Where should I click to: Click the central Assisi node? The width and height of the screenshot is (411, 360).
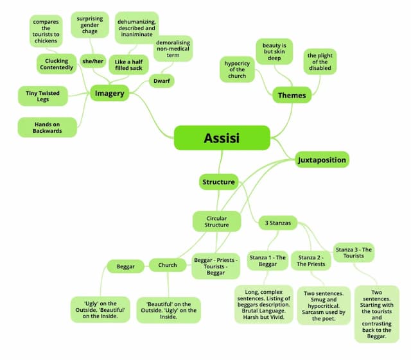click(222, 138)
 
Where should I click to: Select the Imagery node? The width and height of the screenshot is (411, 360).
click(110, 93)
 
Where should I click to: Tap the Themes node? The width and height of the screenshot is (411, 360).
click(292, 95)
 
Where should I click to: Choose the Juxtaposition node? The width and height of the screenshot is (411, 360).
click(322, 160)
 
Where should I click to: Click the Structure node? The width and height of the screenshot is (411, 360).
click(218, 182)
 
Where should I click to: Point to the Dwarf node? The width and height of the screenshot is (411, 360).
click(162, 81)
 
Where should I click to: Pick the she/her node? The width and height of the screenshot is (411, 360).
click(92, 61)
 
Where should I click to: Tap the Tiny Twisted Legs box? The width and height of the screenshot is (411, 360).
click(43, 96)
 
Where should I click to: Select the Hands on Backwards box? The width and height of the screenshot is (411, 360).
click(47, 127)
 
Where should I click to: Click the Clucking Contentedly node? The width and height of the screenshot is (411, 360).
click(57, 64)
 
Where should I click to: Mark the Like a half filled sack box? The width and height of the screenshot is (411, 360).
click(128, 65)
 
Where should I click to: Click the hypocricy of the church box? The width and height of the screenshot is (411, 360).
click(237, 69)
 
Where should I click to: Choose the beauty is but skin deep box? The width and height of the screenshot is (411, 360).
click(274, 51)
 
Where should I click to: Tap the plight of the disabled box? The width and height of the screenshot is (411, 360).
click(320, 62)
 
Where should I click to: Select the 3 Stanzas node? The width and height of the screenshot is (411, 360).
click(278, 223)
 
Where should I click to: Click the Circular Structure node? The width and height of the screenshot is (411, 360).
click(216, 221)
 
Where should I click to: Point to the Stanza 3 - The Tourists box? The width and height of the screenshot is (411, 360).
click(354, 253)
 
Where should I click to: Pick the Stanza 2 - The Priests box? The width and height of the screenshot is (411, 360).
click(311, 261)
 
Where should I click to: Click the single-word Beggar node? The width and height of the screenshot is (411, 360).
click(126, 266)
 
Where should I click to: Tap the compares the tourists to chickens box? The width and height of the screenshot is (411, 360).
click(46, 31)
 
